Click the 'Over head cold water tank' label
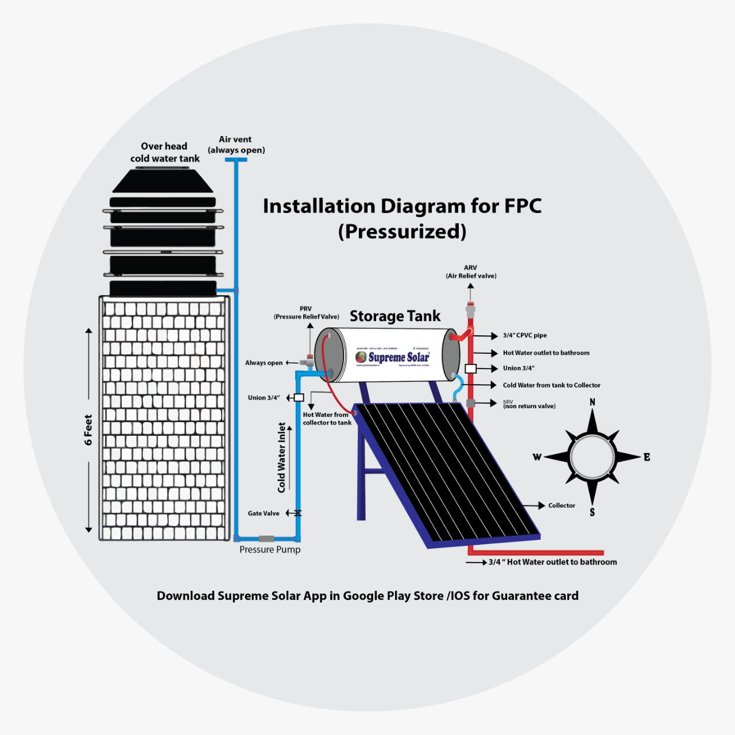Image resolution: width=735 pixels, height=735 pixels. tap(165, 152)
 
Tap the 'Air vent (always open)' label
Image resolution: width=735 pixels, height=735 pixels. tap(236, 145)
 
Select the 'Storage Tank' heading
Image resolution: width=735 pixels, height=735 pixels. tap(395, 316)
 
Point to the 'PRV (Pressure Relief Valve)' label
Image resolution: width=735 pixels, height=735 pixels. tap(306, 313)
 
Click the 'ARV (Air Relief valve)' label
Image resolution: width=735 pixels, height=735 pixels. tap(471, 272)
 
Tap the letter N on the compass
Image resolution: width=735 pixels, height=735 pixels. tap(593, 402)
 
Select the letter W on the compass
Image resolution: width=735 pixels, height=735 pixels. tap(537, 457)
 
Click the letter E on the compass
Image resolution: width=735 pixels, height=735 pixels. tap(647, 457)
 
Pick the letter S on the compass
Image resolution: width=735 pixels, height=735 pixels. tap(592, 512)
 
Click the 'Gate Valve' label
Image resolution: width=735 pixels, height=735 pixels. tap(264, 513)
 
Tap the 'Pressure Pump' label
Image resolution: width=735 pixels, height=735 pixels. tap(270, 550)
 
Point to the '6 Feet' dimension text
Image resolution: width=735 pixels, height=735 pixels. tap(88, 430)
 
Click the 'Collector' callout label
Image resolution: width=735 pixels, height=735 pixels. tap(561, 505)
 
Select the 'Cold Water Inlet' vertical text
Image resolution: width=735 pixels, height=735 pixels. tap(281, 458)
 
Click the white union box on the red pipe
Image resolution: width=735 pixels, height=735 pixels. tap(471, 369)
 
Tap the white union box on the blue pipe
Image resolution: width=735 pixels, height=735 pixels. tap(299, 397)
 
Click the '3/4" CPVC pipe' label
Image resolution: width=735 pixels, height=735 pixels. tap(525, 335)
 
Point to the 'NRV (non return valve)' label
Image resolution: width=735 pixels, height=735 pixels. tap(529, 405)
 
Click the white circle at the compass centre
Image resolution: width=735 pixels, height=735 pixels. tap(592, 457)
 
